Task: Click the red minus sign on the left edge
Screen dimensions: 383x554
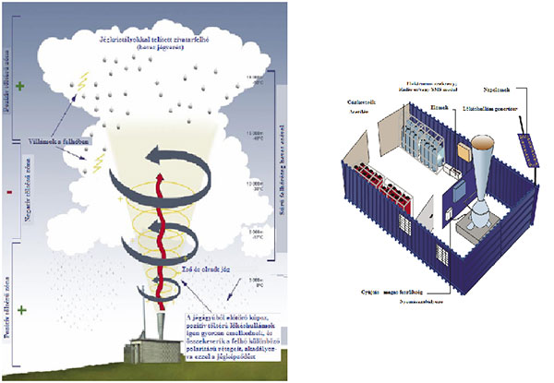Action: (8, 194)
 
